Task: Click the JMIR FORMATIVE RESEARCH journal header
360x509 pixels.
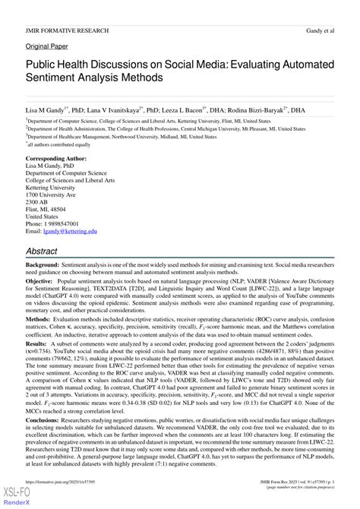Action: click(x=65, y=31)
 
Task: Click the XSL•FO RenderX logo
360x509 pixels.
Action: click(x=13, y=498)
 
